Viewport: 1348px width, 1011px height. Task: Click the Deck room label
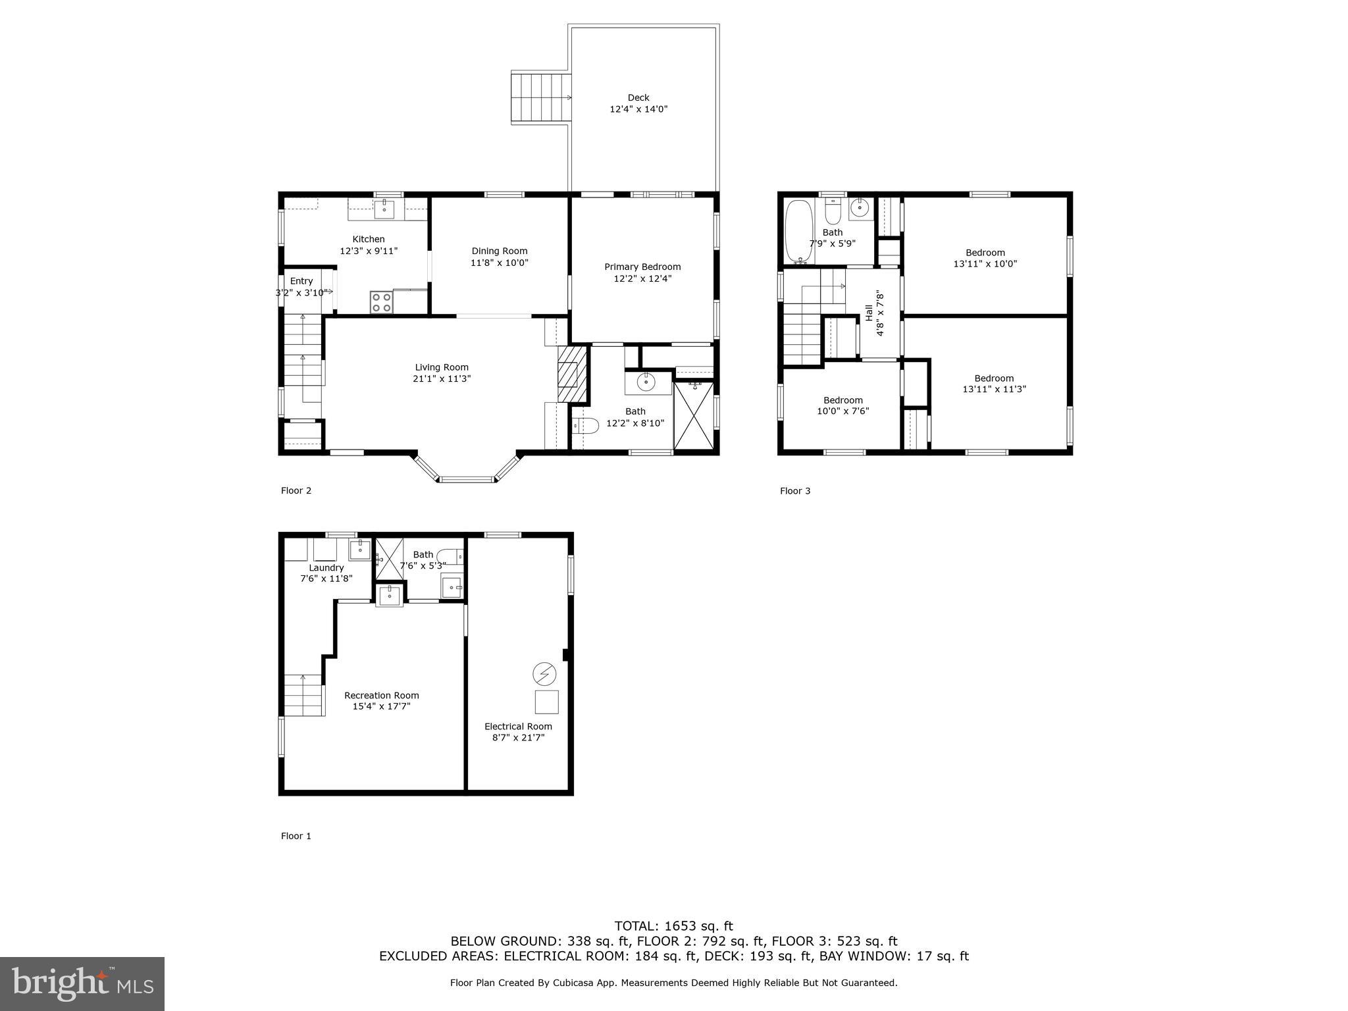638,97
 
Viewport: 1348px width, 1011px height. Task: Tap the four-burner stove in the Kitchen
381,302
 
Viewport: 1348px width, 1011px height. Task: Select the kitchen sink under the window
384,210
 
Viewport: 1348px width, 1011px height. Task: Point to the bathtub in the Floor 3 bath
799,232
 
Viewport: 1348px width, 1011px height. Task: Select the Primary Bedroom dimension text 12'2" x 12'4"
642,278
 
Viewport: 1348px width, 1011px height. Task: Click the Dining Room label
499,251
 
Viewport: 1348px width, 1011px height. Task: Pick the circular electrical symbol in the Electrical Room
544,673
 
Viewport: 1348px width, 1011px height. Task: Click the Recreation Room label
381,695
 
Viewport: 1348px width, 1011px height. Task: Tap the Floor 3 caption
795,490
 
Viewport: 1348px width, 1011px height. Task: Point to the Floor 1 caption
296,836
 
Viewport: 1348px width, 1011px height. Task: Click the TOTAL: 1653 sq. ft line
673,926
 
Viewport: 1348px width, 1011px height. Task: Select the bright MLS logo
82,983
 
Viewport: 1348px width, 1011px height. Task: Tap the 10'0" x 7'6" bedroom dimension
842,411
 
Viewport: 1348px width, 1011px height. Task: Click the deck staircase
540,98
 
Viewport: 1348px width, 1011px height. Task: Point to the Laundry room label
326,567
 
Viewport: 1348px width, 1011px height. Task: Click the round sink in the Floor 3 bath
860,208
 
